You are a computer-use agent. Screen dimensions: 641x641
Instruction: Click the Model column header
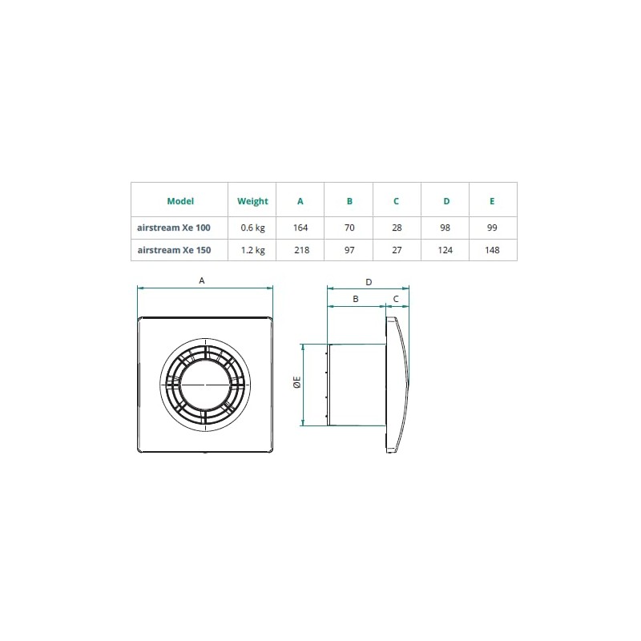click(x=180, y=201)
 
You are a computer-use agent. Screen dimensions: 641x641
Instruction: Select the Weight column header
click(x=253, y=201)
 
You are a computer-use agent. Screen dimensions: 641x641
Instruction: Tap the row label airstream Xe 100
click(x=175, y=228)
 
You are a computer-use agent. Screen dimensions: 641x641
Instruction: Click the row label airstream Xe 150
click(x=175, y=250)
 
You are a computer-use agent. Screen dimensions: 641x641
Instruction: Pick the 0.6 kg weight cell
click(x=253, y=228)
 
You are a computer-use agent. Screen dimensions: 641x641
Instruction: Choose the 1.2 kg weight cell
click(x=253, y=250)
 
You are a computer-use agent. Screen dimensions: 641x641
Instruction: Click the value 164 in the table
click(x=300, y=228)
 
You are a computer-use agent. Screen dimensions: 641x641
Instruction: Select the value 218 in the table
click(x=300, y=250)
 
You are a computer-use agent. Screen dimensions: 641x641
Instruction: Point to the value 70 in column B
click(x=349, y=228)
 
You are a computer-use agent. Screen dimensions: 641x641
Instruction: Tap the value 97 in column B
click(x=349, y=250)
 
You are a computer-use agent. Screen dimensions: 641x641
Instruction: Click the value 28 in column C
click(x=397, y=228)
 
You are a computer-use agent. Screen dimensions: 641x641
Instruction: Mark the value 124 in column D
click(x=445, y=250)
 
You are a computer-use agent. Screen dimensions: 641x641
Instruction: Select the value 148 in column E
click(x=492, y=250)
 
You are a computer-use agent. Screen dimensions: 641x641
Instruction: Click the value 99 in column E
click(x=492, y=228)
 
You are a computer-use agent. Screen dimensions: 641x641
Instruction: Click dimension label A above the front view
click(x=202, y=280)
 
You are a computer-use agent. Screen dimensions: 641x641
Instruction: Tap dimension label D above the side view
click(x=369, y=282)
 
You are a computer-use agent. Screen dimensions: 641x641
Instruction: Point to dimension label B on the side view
click(x=356, y=299)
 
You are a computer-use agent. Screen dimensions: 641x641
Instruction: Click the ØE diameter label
click(x=296, y=383)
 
